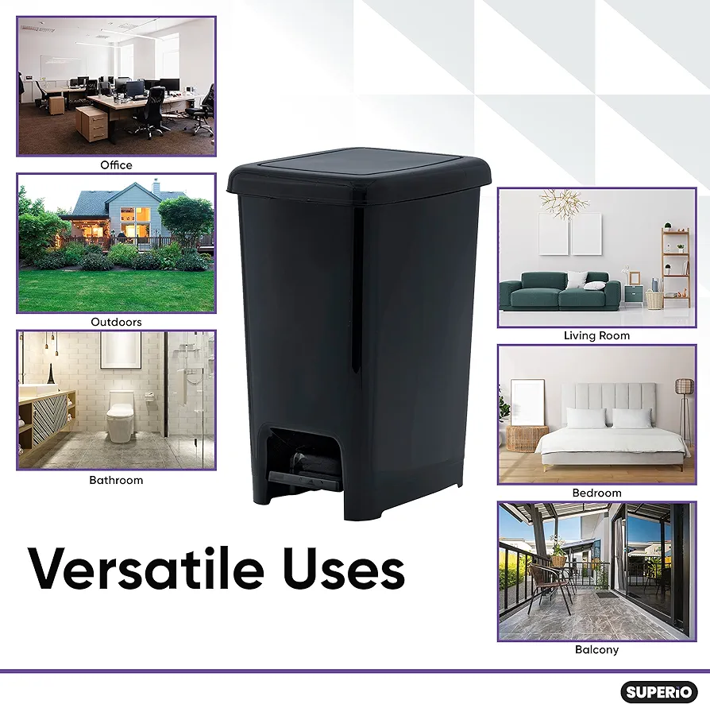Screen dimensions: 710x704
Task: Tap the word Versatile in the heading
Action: pyautogui.click(x=145, y=569)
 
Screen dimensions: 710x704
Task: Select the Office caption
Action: pyautogui.click(x=117, y=165)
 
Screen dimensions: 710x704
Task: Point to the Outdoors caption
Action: pyautogui.click(x=117, y=322)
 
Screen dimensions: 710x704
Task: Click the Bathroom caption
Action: pyautogui.click(x=117, y=480)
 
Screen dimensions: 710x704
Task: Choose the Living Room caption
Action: pyautogui.click(x=596, y=335)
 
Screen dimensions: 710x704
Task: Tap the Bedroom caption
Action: pyautogui.click(x=596, y=493)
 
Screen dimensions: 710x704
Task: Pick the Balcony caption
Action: pyautogui.click(x=596, y=650)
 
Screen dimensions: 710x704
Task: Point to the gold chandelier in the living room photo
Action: pyautogui.click(x=564, y=203)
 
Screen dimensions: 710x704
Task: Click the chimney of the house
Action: pyautogui.click(x=156, y=186)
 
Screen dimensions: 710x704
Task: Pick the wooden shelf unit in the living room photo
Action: pyautogui.click(x=676, y=267)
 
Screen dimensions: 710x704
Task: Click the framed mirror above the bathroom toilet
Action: pyautogui.click(x=121, y=350)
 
